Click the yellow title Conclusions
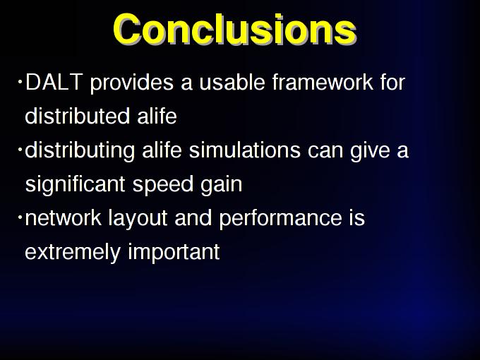[235, 29]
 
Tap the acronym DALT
[54, 82]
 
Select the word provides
[132, 83]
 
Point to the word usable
[232, 82]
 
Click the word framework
[323, 82]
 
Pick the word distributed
[78, 116]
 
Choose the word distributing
[80, 150]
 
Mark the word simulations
[245, 150]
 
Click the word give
[370, 150]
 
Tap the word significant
[76, 184]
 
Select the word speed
[163, 184]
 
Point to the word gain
[222, 184]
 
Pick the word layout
[138, 218]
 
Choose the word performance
[281, 218]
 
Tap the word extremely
[73, 252]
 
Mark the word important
[174, 252]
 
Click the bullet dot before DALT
[20, 82]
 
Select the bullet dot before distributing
[20, 150]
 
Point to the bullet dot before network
[20, 217]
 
